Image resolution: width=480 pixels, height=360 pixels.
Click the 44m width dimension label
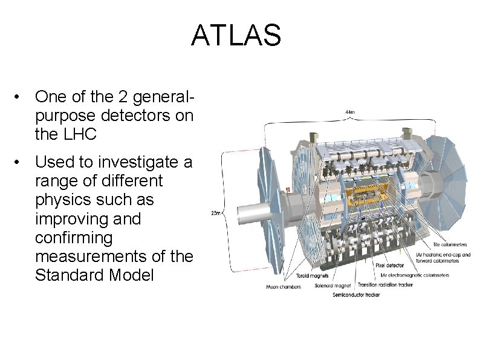pyautogui.click(x=350, y=112)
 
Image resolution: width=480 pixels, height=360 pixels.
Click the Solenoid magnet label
pyautogui.click(x=332, y=285)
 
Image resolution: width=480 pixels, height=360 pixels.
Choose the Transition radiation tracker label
pyautogui.click(x=384, y=284)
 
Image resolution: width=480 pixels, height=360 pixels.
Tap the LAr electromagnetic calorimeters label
pyautogui.click(x=415, y=275)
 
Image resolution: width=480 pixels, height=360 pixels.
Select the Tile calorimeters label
pyautogui.click(x=449, y=244)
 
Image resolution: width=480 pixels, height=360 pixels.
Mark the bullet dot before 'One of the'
pyautogui.click(x=21, y=97)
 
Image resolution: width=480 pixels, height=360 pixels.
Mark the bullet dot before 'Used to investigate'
pyautogui.click(x=21, y=162)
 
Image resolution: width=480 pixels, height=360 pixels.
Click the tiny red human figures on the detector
pyautogui.click(x=288, y=190)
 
